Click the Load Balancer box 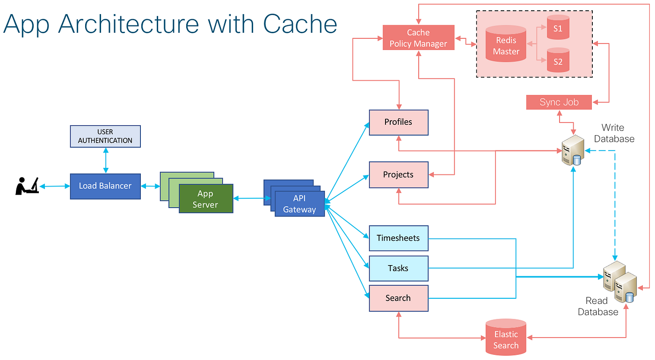point(105,186)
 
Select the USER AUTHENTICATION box point(105,136)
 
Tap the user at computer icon point(27,186)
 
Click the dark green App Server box point(206,199)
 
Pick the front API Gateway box point(299,204)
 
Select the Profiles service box point(399,122)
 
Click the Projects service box point(399,175)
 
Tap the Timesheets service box point(399,238)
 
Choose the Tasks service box point(399,268)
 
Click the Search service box point(399,298)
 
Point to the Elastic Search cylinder point(506,338)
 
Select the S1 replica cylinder point(558,29)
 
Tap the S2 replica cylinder point(558,61)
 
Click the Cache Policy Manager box point(418,38)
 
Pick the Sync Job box point(559,102)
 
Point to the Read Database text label point(598,307)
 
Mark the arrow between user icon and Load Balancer point(54,186)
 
